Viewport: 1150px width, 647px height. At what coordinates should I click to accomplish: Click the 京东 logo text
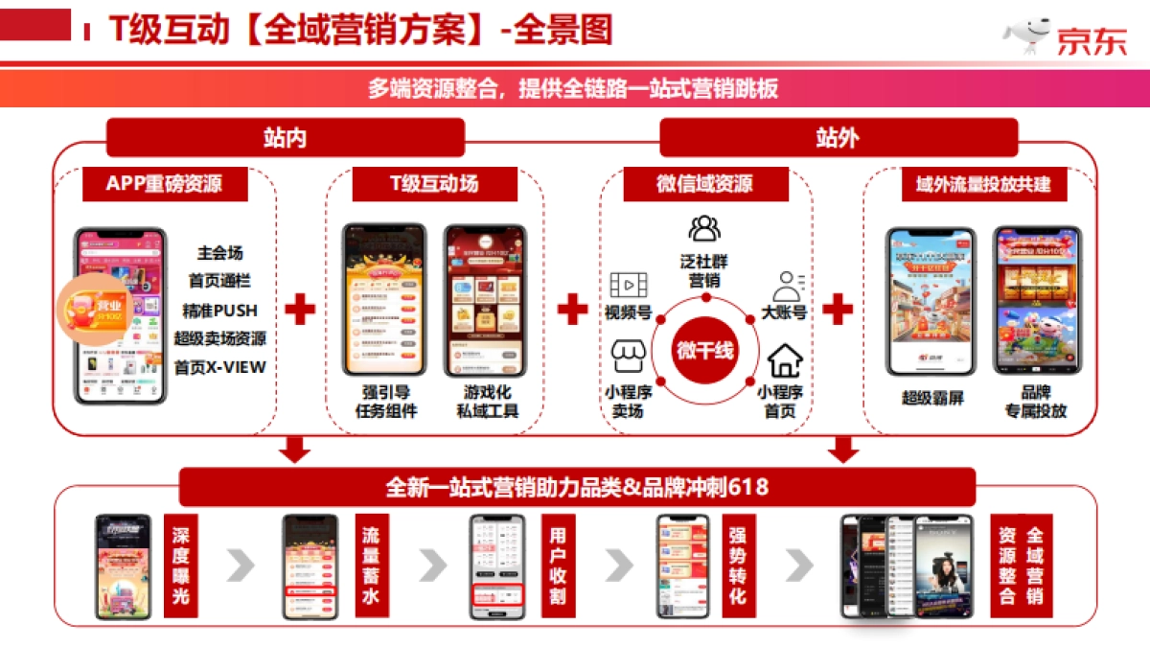[x=1092, y=40]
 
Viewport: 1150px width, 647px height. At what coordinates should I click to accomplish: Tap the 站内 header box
[x=285, y=137]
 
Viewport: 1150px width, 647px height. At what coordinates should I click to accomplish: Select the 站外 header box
[x=838, y=137]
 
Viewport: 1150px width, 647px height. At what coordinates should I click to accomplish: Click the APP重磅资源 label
[x=164, y=184]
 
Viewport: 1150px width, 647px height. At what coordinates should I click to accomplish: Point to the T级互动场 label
[x=434, y=184]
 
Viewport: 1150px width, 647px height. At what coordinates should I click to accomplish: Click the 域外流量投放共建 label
[x=977, y=184]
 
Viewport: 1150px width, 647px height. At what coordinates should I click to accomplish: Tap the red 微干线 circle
[x=704, y=350]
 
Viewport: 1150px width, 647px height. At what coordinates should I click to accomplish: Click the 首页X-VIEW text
[x=220, y=367]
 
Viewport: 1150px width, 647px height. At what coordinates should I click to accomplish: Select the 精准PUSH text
[x=220, y=311]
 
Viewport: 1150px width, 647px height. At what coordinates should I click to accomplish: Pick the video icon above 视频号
[x=629, y=285]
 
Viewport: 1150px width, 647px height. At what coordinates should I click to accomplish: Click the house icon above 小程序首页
[x=785, y=360]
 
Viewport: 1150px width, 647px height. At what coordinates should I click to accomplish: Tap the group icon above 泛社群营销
[x=704, y=228]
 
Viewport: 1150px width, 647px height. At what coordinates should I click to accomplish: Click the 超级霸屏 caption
[x=932, y=398]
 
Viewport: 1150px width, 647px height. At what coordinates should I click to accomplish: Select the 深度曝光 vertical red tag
[x=180, y=566]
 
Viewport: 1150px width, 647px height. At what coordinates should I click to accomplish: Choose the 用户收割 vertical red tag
[x=557, y=566]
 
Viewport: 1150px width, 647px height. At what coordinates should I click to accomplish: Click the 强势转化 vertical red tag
[x=736, y=566]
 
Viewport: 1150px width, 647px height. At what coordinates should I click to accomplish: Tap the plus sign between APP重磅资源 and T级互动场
[x=300, y=309]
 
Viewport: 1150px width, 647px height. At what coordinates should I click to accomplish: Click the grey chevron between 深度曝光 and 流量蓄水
[x=241, y=566]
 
